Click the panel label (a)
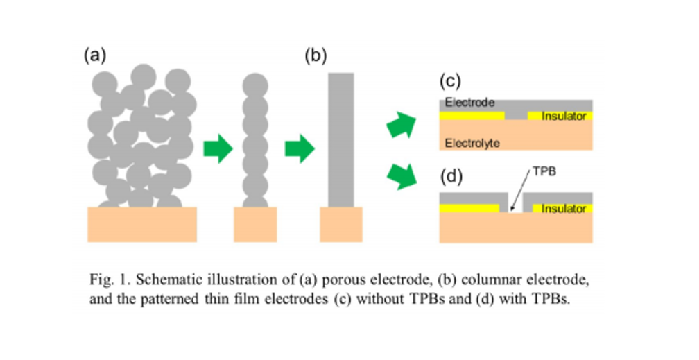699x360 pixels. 94,55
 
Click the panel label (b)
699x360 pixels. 316,55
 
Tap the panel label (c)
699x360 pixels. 450,82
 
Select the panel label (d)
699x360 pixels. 451,177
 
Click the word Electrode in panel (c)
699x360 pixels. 470,103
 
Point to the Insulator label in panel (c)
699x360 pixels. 564,116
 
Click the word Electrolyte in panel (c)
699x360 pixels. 472,143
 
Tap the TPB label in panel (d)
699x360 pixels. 544,171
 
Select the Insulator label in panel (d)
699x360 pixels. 564,209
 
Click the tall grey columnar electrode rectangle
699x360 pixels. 341,140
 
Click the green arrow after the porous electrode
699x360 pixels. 218,148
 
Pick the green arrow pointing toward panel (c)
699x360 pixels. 402,125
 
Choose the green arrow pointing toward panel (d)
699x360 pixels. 402,176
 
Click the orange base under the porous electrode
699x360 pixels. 142,224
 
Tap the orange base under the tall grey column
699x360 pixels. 341,224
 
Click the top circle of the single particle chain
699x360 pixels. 255,85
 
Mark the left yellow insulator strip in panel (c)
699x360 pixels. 472,116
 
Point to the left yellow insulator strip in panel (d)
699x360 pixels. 469,208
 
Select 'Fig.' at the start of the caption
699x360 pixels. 99,280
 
